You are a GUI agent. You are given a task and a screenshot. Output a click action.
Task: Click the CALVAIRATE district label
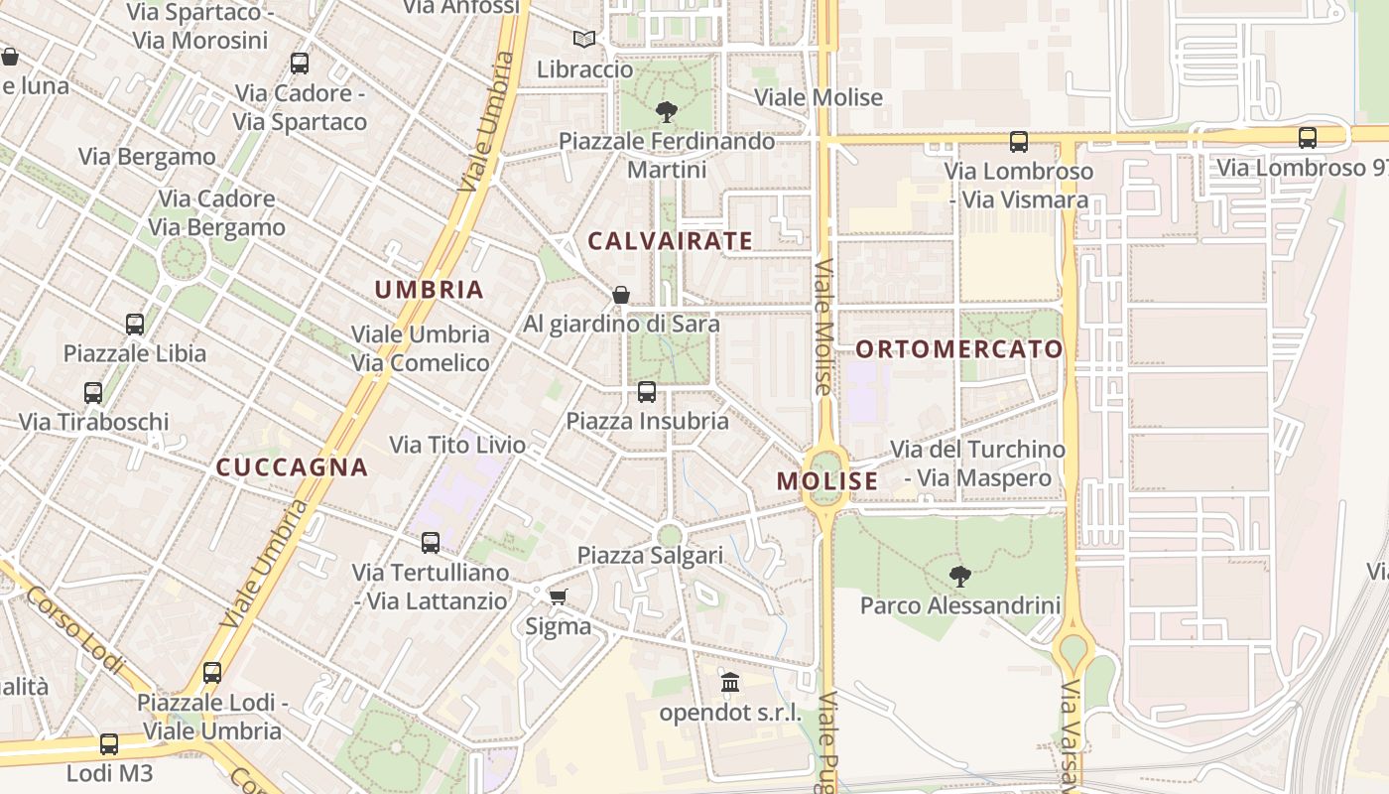[670, 241]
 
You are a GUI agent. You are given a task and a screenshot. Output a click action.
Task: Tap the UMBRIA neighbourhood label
[429, 290]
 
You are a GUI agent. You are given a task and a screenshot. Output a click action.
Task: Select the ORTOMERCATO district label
[958, 349]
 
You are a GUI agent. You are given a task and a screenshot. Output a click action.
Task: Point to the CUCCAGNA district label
[292, 467]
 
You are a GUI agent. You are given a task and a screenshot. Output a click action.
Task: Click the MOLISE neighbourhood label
[827, 481]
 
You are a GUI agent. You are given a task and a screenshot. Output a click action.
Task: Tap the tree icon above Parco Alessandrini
[959, 576]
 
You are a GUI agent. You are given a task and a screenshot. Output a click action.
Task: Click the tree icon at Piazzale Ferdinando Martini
[667, 112]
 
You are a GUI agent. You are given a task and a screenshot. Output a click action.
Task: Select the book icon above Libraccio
[584, 40]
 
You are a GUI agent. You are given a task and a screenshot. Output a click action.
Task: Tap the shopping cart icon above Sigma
[558, 596]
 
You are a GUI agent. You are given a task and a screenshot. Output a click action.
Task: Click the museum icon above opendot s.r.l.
[731, 683]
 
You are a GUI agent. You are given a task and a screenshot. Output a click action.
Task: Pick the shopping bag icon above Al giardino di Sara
[621, 295]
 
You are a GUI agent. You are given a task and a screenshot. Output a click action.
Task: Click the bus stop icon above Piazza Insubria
[647, 392]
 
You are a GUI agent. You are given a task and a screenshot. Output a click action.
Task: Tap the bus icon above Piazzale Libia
[135, 325]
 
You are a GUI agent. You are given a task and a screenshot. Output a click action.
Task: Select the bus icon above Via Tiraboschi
[93, 393]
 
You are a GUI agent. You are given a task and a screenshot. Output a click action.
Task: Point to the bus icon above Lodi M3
[109, 744]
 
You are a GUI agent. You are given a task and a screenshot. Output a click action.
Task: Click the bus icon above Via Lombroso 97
[1308, 139]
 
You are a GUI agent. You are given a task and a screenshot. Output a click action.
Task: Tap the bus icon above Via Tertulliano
[431, 543]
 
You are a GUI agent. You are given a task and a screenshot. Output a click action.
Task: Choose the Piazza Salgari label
[650, 556]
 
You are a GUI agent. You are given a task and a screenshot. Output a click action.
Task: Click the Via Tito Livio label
[457, 445]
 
